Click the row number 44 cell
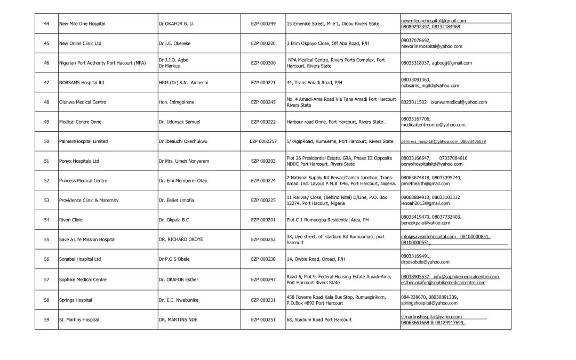coord(46,24)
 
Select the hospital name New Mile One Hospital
coord(82,24)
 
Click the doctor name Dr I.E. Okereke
coord(177,43)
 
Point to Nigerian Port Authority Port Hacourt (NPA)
coord(102,63)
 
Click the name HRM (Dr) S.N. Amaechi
coord(182,83)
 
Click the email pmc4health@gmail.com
coord(425,183)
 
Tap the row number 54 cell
coord(46,220)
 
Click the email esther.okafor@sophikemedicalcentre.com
coord(443,283)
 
